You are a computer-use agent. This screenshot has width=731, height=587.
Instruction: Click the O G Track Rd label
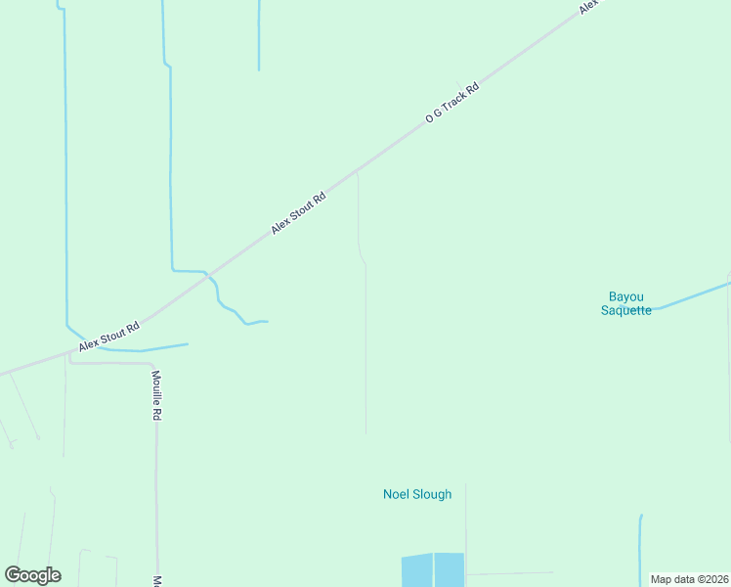[452, 102]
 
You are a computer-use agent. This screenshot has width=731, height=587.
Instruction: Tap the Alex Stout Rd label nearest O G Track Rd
[298, 212]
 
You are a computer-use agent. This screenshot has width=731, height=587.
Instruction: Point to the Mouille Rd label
[156, 395]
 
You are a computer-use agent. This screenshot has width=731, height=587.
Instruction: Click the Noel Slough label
[417, 494]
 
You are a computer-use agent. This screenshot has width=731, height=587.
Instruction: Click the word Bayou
[625, 296]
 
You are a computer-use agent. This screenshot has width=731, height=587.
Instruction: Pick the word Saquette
[625, 311]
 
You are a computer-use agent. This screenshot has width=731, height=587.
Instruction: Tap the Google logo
[32, 575]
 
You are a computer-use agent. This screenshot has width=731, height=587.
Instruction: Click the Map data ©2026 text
[689, 579]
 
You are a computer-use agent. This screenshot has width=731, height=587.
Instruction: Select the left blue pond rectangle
[416, 569]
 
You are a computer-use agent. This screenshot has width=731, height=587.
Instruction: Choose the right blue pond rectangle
[450, 569]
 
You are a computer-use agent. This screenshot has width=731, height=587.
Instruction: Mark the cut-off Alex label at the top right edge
[588, 6]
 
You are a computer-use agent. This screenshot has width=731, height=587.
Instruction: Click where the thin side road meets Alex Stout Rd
[357, 170]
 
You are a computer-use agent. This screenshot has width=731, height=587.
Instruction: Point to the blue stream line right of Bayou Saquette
[694, 295]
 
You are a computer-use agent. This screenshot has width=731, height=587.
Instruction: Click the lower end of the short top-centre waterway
[259, 69]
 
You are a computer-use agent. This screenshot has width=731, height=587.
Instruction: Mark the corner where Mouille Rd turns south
[154, 365]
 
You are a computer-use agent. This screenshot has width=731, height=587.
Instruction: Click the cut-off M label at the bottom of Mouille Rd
[156, 581]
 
